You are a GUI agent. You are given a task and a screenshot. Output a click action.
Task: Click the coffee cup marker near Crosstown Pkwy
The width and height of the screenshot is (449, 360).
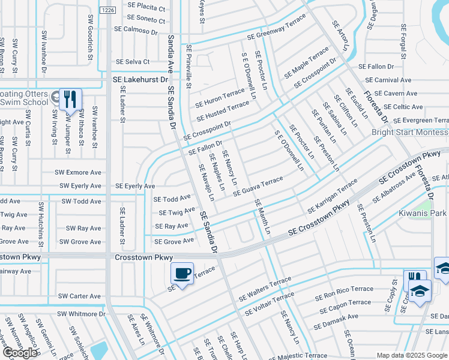pos(182,274)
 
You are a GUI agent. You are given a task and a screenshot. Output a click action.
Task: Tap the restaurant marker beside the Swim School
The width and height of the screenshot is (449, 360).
pos(70,99)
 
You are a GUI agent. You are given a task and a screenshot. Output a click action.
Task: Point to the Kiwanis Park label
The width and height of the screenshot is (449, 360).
pos(423,213)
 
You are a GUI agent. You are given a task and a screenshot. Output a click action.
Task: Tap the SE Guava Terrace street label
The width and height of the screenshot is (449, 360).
pos(258,186)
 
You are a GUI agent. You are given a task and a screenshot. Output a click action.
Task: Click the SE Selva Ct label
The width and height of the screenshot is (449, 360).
pos(133,62)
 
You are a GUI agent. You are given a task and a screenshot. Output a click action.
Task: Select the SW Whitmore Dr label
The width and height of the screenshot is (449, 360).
pos(81,314)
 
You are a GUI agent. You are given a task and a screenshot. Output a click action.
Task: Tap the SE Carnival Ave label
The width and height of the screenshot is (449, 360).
pos(388,80)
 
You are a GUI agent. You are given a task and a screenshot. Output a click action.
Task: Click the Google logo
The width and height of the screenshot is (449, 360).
pos(20,353)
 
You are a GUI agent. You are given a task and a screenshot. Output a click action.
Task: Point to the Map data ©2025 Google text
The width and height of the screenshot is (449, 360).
pos(411,356)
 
